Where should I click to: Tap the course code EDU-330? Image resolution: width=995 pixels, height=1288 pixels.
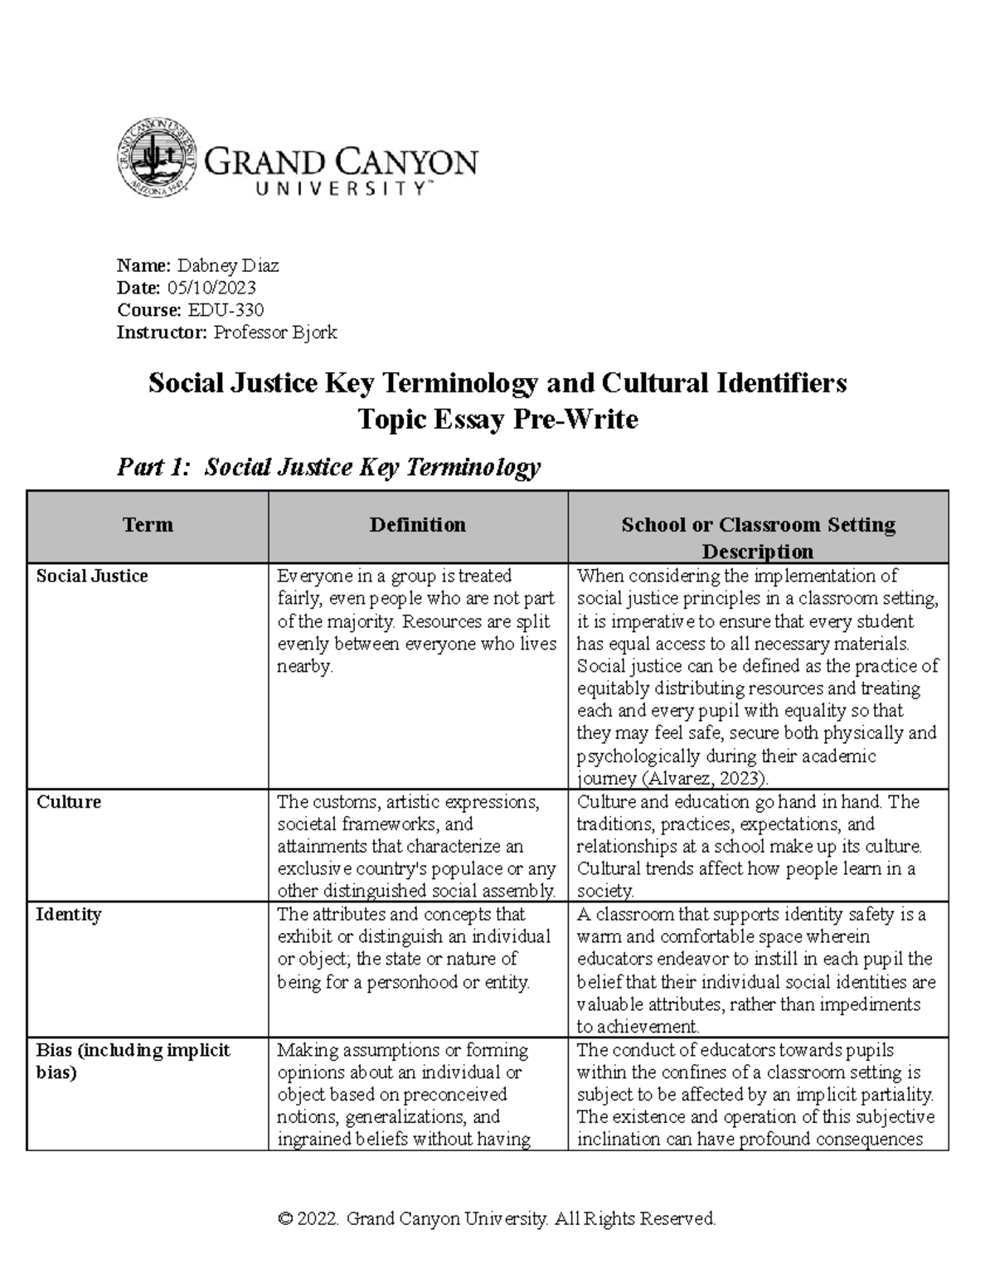[226, 310]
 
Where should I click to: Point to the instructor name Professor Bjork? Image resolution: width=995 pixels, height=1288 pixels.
[275, 333]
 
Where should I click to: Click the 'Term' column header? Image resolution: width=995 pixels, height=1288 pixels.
[148, 524]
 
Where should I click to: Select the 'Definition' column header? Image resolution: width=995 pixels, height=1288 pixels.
[417, 524]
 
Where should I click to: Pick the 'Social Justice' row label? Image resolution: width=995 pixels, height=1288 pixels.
[92, 576]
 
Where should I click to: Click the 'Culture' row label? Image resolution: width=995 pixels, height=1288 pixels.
[69, 802]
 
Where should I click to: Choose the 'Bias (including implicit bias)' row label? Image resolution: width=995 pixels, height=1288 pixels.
[133, 1061]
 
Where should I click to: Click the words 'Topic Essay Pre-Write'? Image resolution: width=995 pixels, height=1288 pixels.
[498, 420]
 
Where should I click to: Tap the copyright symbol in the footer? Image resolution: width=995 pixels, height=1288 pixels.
[286, 1218]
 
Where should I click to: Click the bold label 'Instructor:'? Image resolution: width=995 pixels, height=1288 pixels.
[163, 333]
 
